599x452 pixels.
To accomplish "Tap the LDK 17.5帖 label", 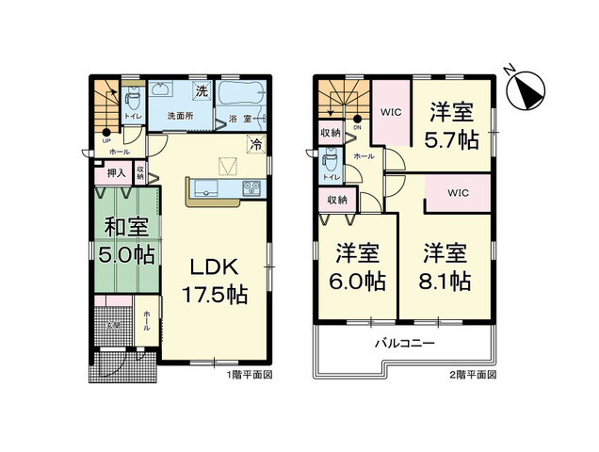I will pos(215,280).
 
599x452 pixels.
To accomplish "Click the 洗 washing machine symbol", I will pos(201,91).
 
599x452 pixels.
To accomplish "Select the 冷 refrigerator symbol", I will pos(255,145).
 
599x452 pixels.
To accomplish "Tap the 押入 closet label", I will pos(115,173).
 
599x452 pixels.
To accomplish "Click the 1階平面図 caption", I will pos(249,375).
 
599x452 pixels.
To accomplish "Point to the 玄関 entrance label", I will pos(111,324).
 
